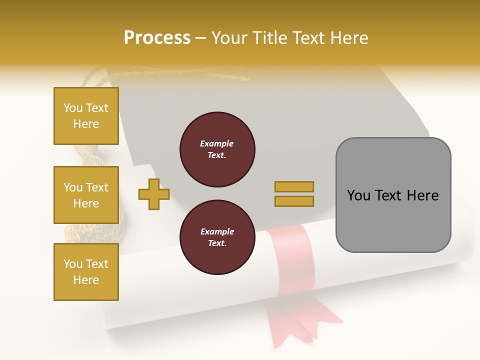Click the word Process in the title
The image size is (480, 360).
click(x=157, y=38)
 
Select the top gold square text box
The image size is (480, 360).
click(x=86, y=116)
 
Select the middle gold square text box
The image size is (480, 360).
click(x=86, y=195)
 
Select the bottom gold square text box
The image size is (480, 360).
click(x=86, y=271)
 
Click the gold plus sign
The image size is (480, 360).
click(x=154, y=194)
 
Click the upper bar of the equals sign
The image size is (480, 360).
click(x=294, y=186)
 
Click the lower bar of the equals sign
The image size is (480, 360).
click(x=294, y=201)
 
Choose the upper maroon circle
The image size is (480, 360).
click(x=217, y=149)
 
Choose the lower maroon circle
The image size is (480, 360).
click(x=217, y=237)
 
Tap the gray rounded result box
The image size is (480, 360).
click(x=393, y=195)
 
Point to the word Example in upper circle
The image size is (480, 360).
click(x=217, y=143)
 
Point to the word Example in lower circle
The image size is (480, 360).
click(x=217, y=231)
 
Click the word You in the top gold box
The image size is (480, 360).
click(x=72, y=108)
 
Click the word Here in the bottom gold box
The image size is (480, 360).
click(x=86, y=280)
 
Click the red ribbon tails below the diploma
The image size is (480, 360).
click(x=300, y=320)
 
